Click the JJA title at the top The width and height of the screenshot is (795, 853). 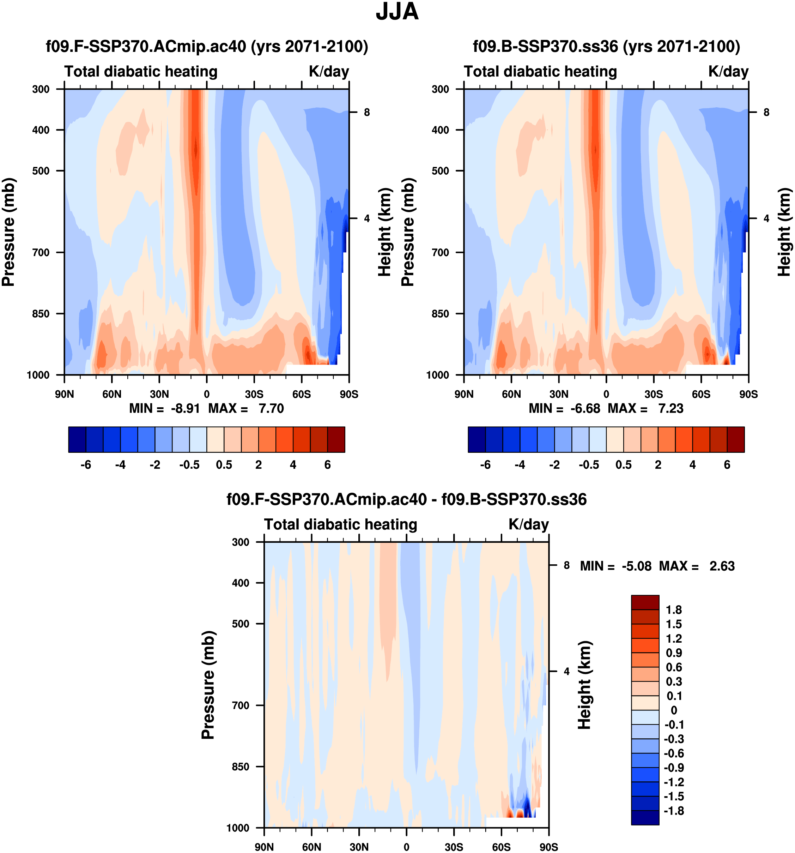pos(397,12)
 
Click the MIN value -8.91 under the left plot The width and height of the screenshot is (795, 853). pos(185,408)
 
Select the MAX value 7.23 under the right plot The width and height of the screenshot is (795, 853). pos(670,408)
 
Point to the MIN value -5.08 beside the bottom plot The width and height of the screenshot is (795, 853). pos(636,566)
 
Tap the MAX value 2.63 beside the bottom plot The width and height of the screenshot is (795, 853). pos(722,566)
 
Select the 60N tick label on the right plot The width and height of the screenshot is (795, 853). pos(511,394)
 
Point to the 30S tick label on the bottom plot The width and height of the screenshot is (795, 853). pos(454,847)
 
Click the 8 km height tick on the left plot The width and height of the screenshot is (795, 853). pos(366,113)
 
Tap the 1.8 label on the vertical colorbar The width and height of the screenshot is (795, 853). pos(674,610)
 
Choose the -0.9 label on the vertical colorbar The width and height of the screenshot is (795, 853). pos(674,768)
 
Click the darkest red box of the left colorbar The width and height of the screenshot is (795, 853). pos(336,439)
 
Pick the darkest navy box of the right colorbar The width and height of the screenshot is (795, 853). pos(477,439)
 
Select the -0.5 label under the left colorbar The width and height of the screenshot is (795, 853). pos(189,465)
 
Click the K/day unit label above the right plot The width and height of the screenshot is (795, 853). pos(728,71)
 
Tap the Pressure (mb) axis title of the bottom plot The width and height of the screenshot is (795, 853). pos(208,685)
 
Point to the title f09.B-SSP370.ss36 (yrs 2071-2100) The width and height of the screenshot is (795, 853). pos(606,46)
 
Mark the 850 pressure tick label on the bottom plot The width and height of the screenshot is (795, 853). pos(241,766)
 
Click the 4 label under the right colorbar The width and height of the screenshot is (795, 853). pos(692,465)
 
